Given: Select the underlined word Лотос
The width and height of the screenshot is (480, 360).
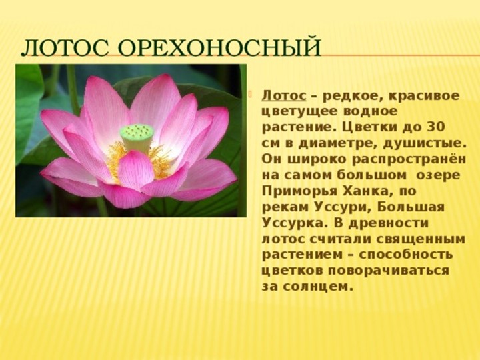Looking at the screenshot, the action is point(284,95).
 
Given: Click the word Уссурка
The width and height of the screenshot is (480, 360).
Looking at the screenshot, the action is point(295,223).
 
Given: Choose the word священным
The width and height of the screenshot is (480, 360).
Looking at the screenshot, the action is point(420,239).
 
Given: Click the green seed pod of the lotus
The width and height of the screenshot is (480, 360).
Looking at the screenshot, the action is point(137,138).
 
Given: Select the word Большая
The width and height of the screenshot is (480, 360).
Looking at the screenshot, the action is point(411,207).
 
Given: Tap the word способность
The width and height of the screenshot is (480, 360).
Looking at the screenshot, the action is point(406,255).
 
